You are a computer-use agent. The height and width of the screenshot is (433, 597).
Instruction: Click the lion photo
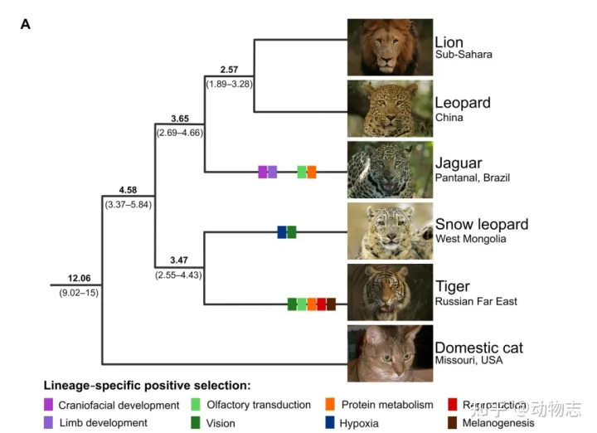[x=390, y=47]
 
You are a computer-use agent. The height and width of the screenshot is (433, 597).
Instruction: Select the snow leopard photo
[x=390, y=231]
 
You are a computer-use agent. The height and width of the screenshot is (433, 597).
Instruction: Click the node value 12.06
[x=79, y=278]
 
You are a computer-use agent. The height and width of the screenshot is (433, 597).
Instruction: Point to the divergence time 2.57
[x=228, y=70]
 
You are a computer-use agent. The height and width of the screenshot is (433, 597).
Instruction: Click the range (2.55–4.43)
[x=178, y=275]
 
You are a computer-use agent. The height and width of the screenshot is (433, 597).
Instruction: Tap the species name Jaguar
[x=458, y=163]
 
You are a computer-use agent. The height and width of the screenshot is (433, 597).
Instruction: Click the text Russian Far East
[x=476, y=301]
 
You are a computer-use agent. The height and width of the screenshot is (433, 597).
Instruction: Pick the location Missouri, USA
[x=468, y=360]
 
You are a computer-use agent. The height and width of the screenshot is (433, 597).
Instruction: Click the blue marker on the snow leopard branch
[x=282, y=232]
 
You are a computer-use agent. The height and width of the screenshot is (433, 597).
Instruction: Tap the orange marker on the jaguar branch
[x=312, y=172]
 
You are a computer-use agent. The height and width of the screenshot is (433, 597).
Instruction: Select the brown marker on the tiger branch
[x=331, y=304]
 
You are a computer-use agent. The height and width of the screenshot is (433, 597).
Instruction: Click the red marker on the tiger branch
[x=321, y=304]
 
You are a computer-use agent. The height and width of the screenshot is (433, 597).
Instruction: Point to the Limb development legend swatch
[x=49, y=423]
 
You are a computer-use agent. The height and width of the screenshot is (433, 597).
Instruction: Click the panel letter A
[x=26, y=24]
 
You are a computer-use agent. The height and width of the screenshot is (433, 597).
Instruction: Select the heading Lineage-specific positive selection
[x=146, y=385]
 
